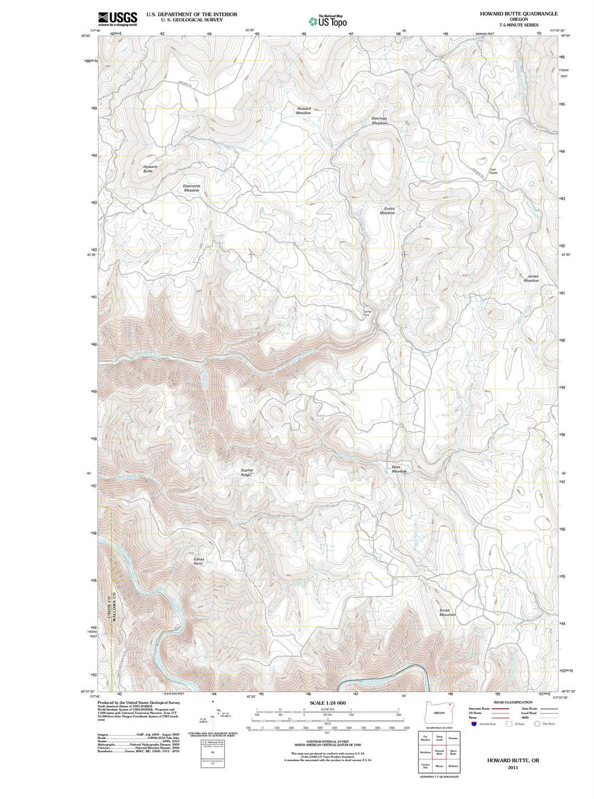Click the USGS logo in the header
pos(117,19)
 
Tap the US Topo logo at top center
pos(328,21)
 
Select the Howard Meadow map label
pos(304,111)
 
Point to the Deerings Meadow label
pos(379,120)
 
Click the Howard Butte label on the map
pos(150,169)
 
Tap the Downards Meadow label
pos(191,188)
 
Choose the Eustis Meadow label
pos(388,211)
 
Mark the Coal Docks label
pos(493,171)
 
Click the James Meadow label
pos(532,278)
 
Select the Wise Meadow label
pos(399,469)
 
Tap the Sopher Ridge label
pos(247,472)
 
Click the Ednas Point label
pos(199,561)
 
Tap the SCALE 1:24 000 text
pos(327,703)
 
